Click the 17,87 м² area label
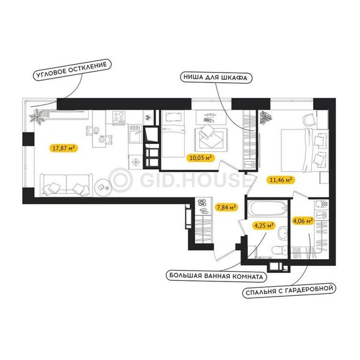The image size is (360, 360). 64,148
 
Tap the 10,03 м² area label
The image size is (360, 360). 200,158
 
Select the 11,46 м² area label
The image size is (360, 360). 281,180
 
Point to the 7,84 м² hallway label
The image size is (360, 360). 226,208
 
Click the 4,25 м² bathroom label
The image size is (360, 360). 263,226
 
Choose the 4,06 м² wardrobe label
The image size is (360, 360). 303,221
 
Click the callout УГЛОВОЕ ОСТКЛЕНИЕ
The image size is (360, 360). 72,70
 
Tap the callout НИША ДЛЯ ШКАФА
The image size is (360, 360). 215,77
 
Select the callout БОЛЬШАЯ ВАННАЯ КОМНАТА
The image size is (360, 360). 216,276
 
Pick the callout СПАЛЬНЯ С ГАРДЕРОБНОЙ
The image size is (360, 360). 289,290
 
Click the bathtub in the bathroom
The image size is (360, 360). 268,208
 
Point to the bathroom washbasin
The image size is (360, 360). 283,233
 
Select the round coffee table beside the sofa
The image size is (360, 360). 103,187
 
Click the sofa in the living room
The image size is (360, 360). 66,185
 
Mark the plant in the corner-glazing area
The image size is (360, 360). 36,116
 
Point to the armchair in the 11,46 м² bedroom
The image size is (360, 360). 309,119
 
